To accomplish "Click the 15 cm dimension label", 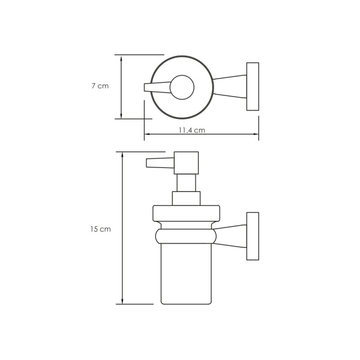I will [x=101, y=229].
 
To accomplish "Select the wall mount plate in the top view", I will [x=252, y=86].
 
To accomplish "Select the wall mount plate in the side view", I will [x=252, y=236].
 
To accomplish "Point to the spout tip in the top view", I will [x=148, y=88].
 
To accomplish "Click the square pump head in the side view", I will [x=186, y=163].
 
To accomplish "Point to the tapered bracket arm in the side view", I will [x=232, y=236].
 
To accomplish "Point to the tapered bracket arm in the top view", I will [x=232, y=86].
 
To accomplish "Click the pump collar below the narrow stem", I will [x=186, y=199].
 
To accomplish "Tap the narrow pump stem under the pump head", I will [x=186, y=183].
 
